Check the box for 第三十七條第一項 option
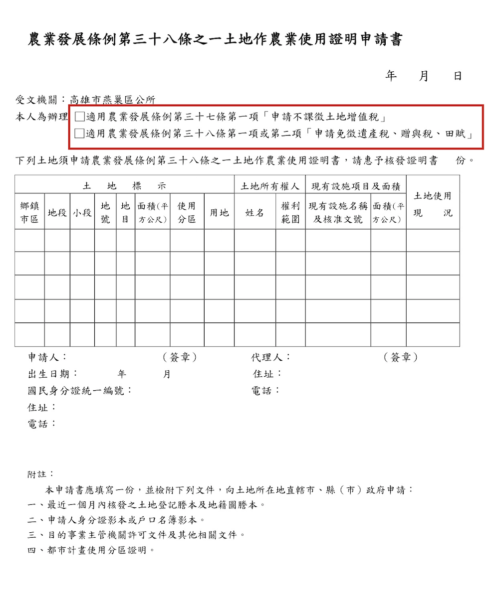(x=80, y=117)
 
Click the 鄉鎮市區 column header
(x=29, y=212)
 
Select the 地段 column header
(x=57, y=213)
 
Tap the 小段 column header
(x=82, y=213)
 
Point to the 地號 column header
(x=105, y=212)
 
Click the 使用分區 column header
(x=187, y=212)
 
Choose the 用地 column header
(x=219, y=213)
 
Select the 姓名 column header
(x=254, y=213)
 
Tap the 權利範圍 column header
(x=290, y=212)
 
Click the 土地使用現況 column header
(x=433, y=204)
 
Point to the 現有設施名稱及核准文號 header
(x=338, y=212)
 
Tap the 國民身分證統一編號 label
(x=80, y=390)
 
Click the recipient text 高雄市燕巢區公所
(x=112, y=100)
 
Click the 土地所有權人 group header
(x=270, y=186)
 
